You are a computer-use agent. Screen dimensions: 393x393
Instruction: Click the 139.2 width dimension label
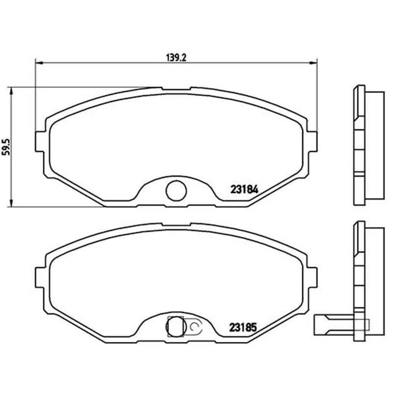tap(176, 58)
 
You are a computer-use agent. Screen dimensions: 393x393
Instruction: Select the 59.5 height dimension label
tap(6, 146)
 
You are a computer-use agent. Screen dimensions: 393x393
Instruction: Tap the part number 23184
tap(244, 190)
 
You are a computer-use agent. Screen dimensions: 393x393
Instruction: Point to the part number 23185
tap(243, 327)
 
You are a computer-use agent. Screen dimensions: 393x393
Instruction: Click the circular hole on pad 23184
tap(176, 191)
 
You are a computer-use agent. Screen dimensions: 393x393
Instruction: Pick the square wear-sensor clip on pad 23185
tap(175, 326)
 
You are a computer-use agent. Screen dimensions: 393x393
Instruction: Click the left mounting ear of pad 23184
tap(41, 141)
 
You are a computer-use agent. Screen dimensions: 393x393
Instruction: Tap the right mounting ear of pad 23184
tap(312, 141)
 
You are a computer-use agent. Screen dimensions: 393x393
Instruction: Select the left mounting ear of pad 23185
tap(41, 278)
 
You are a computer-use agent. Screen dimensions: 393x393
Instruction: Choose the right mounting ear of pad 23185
tap(312, 278)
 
